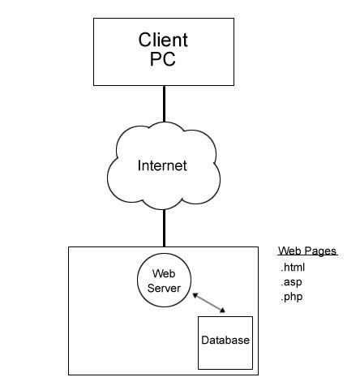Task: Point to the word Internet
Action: click(x=161, y=165)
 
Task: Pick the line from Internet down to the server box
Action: click(x=164, y=226)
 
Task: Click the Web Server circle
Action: click(x=165, y=281)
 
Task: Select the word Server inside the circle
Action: click(x=165, y=288)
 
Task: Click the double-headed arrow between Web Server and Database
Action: click(x=209, y=303)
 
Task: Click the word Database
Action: click(x=225, y=339)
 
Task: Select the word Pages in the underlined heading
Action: click(x=320, y=251)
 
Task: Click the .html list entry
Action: click(x=293, y=267)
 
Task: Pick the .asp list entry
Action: click(x=291, y=282)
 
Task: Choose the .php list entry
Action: click(x=291, y=297)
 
